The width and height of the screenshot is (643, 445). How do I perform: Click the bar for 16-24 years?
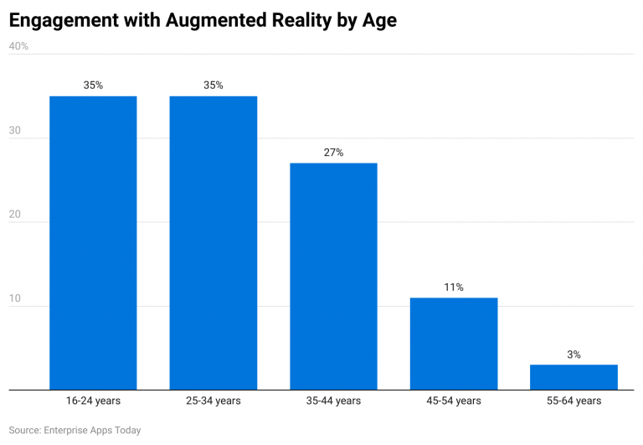point(93,243)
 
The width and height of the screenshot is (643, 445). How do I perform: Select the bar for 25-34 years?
point(213,243)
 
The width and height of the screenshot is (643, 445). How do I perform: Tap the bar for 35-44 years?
point(333,277)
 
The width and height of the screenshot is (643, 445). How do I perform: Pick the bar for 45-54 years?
point(454,344)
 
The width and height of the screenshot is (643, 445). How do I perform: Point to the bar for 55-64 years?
point(574,377)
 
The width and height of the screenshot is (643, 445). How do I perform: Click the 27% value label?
point(333,153)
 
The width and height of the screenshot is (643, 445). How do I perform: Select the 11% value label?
point(454,287)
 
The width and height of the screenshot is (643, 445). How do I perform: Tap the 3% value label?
point(574,354)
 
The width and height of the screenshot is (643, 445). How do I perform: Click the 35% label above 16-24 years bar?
point(93,85)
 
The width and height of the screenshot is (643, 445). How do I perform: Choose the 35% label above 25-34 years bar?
point(213,85)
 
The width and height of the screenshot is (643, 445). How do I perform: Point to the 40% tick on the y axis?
point(18,47)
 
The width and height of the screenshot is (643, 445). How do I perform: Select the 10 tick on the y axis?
point(14,299)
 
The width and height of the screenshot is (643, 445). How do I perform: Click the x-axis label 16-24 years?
point(93,401)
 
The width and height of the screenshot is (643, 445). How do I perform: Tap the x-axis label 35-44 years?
point(333,401)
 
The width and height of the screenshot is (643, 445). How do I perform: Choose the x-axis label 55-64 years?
point(574,401)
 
